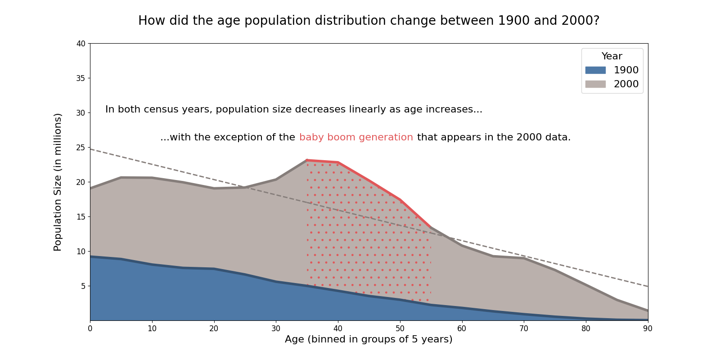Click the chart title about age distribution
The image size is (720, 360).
coord(369,21)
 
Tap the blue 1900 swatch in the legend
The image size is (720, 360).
coord(595,70)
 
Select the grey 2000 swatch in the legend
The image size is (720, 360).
coord(595,84)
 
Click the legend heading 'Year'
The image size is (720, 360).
coord(612,56)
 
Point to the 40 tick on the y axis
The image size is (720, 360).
coord(81,44)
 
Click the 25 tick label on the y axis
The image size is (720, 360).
coord(81,148)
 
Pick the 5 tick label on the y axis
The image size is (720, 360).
coord(82,286)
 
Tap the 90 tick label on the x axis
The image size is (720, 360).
coord(648,329)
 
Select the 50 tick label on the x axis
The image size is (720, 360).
coord(400,329)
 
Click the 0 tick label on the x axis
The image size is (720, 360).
coord(90,329)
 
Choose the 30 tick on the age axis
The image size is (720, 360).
coord(276,329)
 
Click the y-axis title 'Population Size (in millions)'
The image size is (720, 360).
coord(58,182)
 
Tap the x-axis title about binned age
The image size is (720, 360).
coord(369,340)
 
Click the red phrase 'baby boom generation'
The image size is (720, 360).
coord(356,138)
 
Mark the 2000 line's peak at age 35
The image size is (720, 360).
coord(307,160)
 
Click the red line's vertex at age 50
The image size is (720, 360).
coord(400,200)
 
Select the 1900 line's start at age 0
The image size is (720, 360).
coord(90,256)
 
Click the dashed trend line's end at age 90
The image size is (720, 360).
coord(648,286)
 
